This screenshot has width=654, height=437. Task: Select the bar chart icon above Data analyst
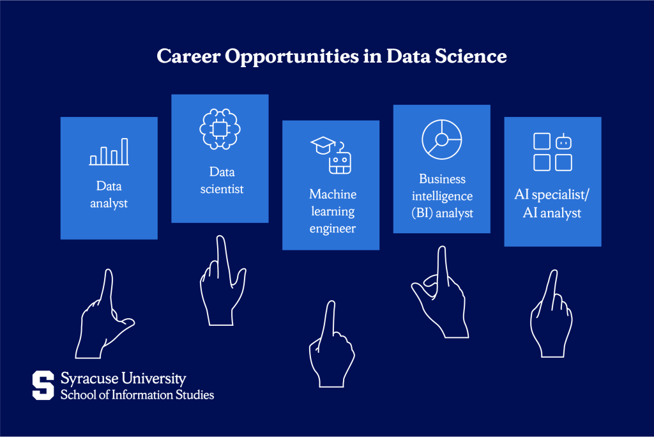(109, 152)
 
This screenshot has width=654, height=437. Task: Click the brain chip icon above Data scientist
(220, 130)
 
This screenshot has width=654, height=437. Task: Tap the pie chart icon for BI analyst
(441, 139)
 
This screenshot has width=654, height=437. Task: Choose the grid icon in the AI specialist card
(552, 152)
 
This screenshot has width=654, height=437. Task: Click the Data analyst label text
(109, 195)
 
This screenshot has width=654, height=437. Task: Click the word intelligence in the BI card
(441, 195)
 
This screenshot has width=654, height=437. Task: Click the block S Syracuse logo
(43, 385)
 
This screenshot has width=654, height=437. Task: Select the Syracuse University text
(123, 379)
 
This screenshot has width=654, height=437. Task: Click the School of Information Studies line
(137, 395)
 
